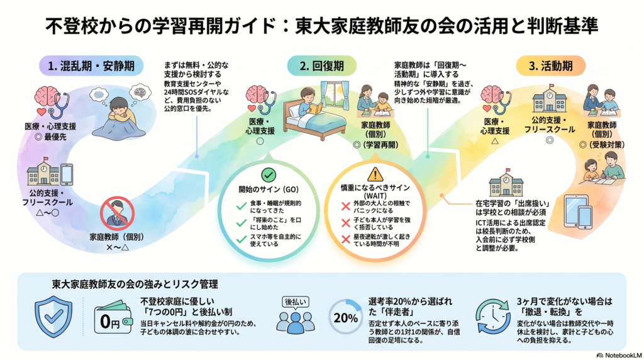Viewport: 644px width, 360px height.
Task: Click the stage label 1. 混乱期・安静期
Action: pos(91,65)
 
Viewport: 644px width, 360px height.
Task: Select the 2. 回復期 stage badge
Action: pos(321,65)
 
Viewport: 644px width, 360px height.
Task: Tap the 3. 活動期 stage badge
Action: pos(550,65)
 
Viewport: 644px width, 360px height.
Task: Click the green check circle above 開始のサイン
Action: pos(269,176)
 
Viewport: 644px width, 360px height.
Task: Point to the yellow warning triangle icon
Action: pos(375,174)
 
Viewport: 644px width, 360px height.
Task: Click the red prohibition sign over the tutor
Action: pos(118,213)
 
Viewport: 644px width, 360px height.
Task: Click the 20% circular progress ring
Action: pos(345,317)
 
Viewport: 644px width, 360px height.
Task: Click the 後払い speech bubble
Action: pos(295,303)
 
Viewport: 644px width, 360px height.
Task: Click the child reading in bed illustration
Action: pos(314,113)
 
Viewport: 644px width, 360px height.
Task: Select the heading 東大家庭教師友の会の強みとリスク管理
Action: pos(135,284)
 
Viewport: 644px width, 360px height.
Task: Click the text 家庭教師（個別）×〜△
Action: pos(118,242)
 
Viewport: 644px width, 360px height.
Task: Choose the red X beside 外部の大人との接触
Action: pos(346,206)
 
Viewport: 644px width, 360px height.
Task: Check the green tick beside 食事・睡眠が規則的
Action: pos(241,206)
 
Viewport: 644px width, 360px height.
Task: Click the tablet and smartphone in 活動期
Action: pos(579,211)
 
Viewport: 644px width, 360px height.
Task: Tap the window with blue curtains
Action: pos(335,96)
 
